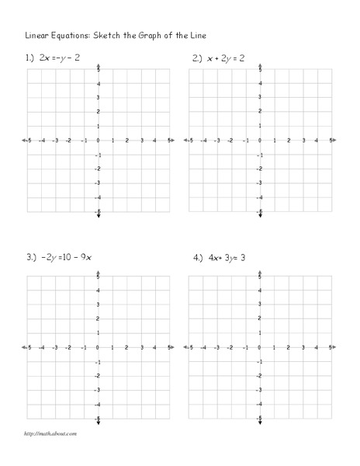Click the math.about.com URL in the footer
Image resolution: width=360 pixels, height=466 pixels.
coord(51,433)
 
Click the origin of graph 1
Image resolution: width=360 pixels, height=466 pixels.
coord(98,141)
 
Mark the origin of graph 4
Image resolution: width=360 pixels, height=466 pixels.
coord(260,347)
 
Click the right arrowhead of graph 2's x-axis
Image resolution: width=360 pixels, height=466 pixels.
coord(333,141)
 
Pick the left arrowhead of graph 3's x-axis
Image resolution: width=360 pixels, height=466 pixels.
coord(26,347)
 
